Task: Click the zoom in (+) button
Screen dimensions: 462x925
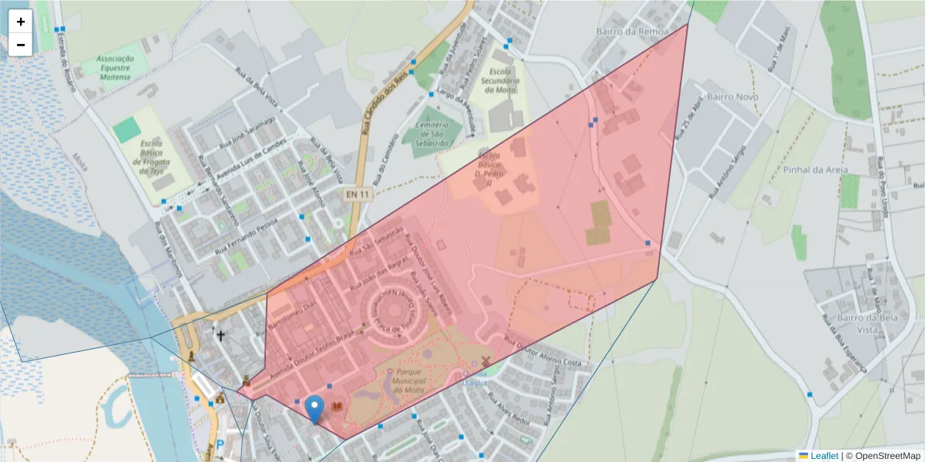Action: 21,22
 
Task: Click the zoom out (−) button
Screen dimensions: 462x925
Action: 21,45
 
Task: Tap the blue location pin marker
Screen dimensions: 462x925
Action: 314,408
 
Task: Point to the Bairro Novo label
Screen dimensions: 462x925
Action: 732,97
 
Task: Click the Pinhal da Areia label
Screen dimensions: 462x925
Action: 816,169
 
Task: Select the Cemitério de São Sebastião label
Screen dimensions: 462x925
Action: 432,134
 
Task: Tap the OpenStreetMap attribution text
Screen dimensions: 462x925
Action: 883,456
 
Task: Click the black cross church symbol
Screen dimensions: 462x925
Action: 220,336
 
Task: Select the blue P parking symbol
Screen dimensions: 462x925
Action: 220,445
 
